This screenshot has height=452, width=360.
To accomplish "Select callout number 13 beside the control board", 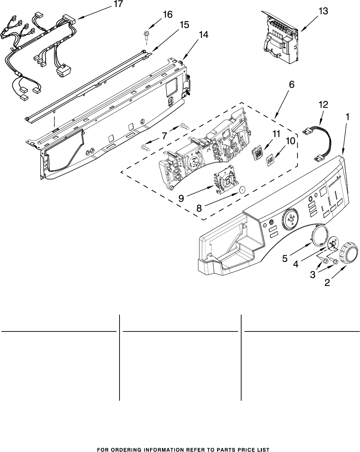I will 323,12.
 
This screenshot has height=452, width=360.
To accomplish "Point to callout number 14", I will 203,35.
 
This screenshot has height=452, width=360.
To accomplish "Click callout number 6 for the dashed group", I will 291,84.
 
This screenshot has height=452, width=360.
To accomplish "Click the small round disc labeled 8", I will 240,190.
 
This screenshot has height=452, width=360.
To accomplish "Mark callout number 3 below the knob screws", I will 312,275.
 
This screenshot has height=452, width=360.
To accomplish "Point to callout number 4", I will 296,264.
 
